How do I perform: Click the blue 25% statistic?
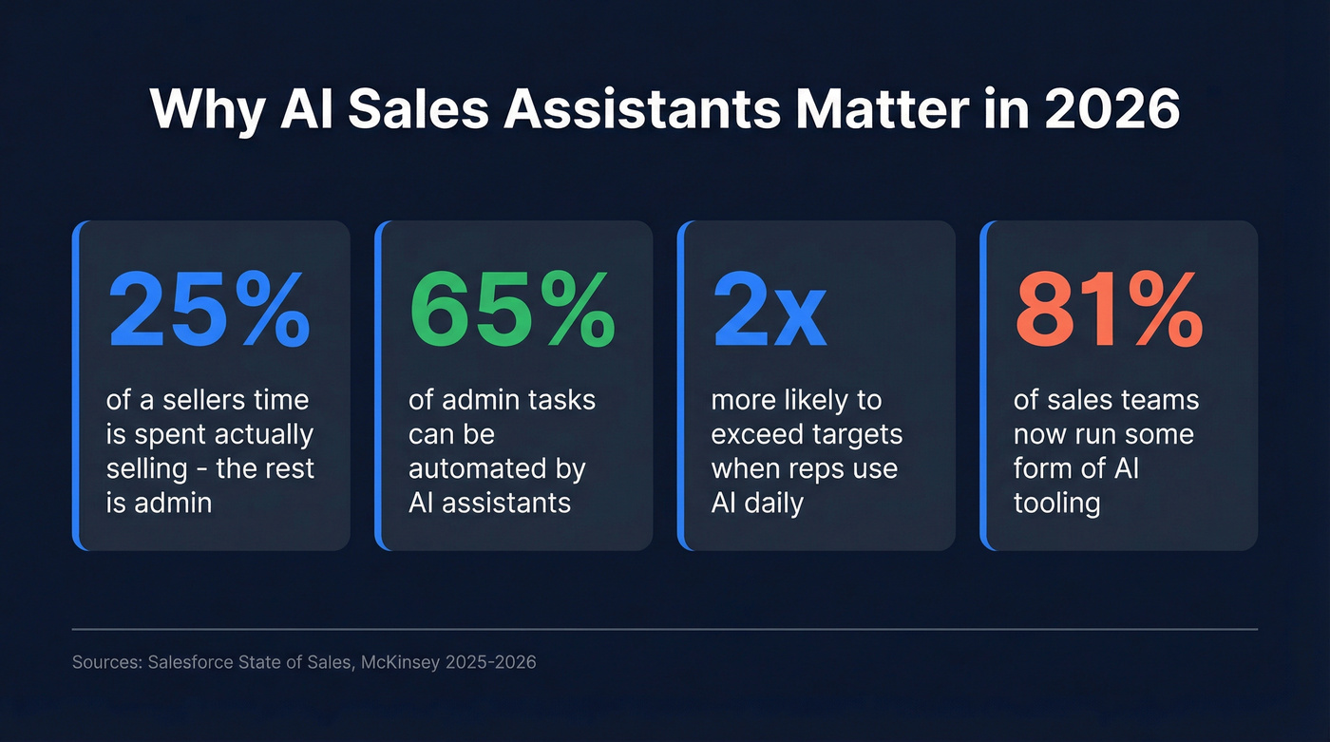[x=208, y=310]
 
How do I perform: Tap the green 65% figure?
[x=511, y=310]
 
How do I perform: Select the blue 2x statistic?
[x=769, y=310]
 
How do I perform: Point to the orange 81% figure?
[x=1108, y=310]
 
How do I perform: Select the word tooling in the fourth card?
[x=1056, y=503]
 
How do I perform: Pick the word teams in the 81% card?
[x=1158, y=400]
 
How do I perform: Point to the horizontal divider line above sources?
[x=664, y=629]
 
